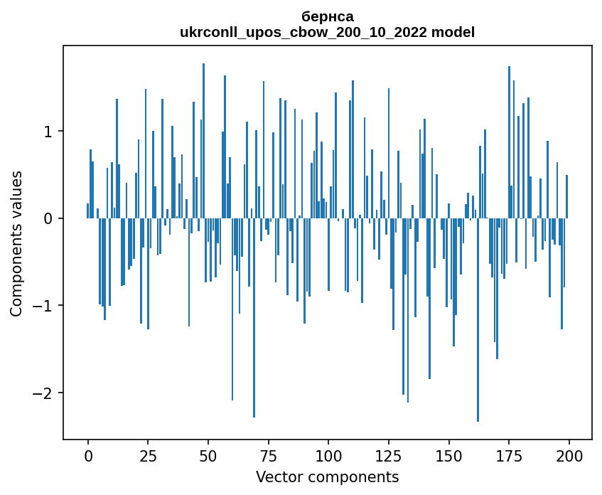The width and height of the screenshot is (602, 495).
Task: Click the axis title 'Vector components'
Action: tap(328, 477)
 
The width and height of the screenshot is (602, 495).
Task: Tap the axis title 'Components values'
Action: tap(16, 243)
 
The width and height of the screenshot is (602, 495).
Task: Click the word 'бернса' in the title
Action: tap(328, 16)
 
